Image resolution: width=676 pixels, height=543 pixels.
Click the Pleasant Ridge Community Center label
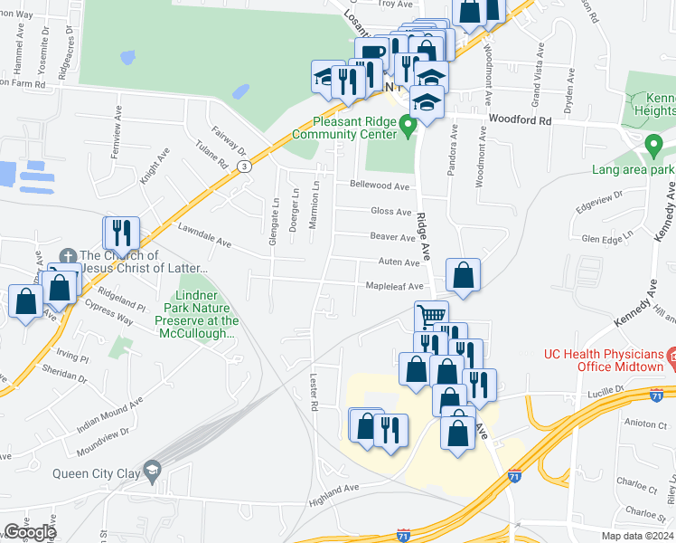tap(343, 128)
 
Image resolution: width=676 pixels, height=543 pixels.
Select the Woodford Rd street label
tap(520, 119)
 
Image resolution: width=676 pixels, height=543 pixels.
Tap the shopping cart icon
tap(431, 316)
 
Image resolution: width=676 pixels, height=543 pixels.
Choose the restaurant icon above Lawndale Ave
tap(120, 233)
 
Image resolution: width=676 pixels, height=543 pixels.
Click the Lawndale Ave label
tap(205, 238)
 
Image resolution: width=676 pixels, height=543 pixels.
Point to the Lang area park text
tap(634, 169)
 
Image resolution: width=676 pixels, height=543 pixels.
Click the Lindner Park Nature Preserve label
tap(196, 314)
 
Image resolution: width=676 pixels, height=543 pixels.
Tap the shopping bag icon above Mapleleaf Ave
tap(463, 274)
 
